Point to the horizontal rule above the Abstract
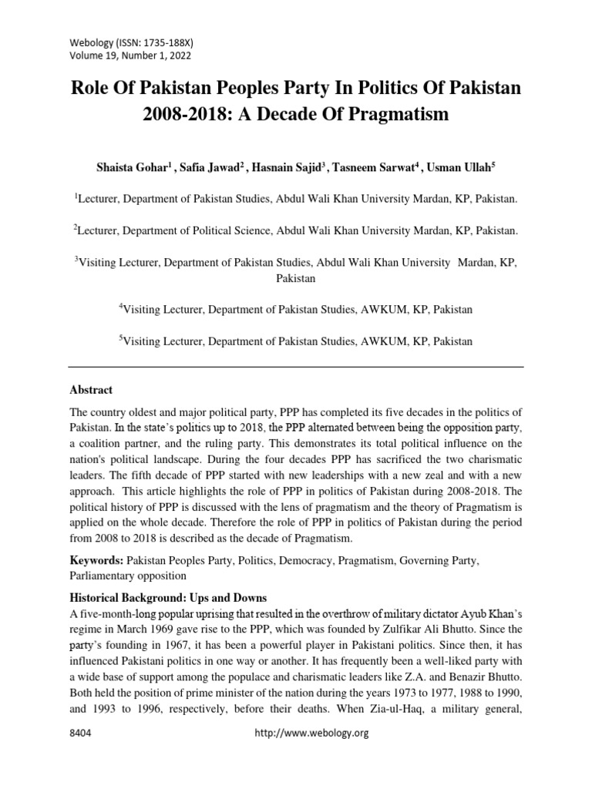(296, 366)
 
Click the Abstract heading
(91, 390)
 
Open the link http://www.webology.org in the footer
(312, 754)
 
